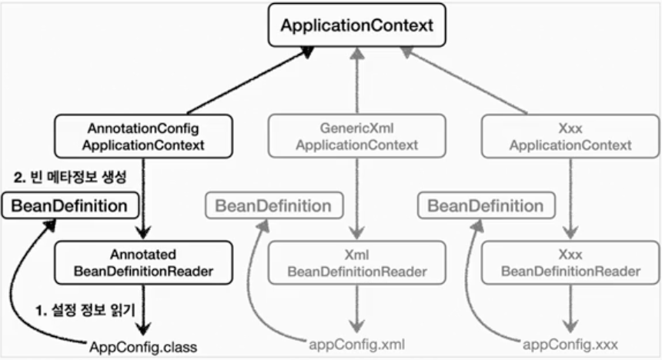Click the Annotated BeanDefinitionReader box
pyautogui.click(x=144, y=262)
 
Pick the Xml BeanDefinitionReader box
pyautogui.click(x=356, y=262)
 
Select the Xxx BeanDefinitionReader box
pyautogui.click(x=570, y=262)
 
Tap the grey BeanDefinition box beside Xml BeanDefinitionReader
pyautogui.click(x=273, y=206)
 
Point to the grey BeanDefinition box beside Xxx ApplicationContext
pyautogui.click(x=485, y=206)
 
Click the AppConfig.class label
pyautogui.click(x=142, y=347)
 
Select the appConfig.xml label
pyautogui.click(x=356, y=344)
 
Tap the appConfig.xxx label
pyautogui.click(x=569, y=344)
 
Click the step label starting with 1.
pyautogui.click(x=85, y=312)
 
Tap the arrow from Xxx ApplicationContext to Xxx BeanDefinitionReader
pyautogui.click(x=570, y=196)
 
